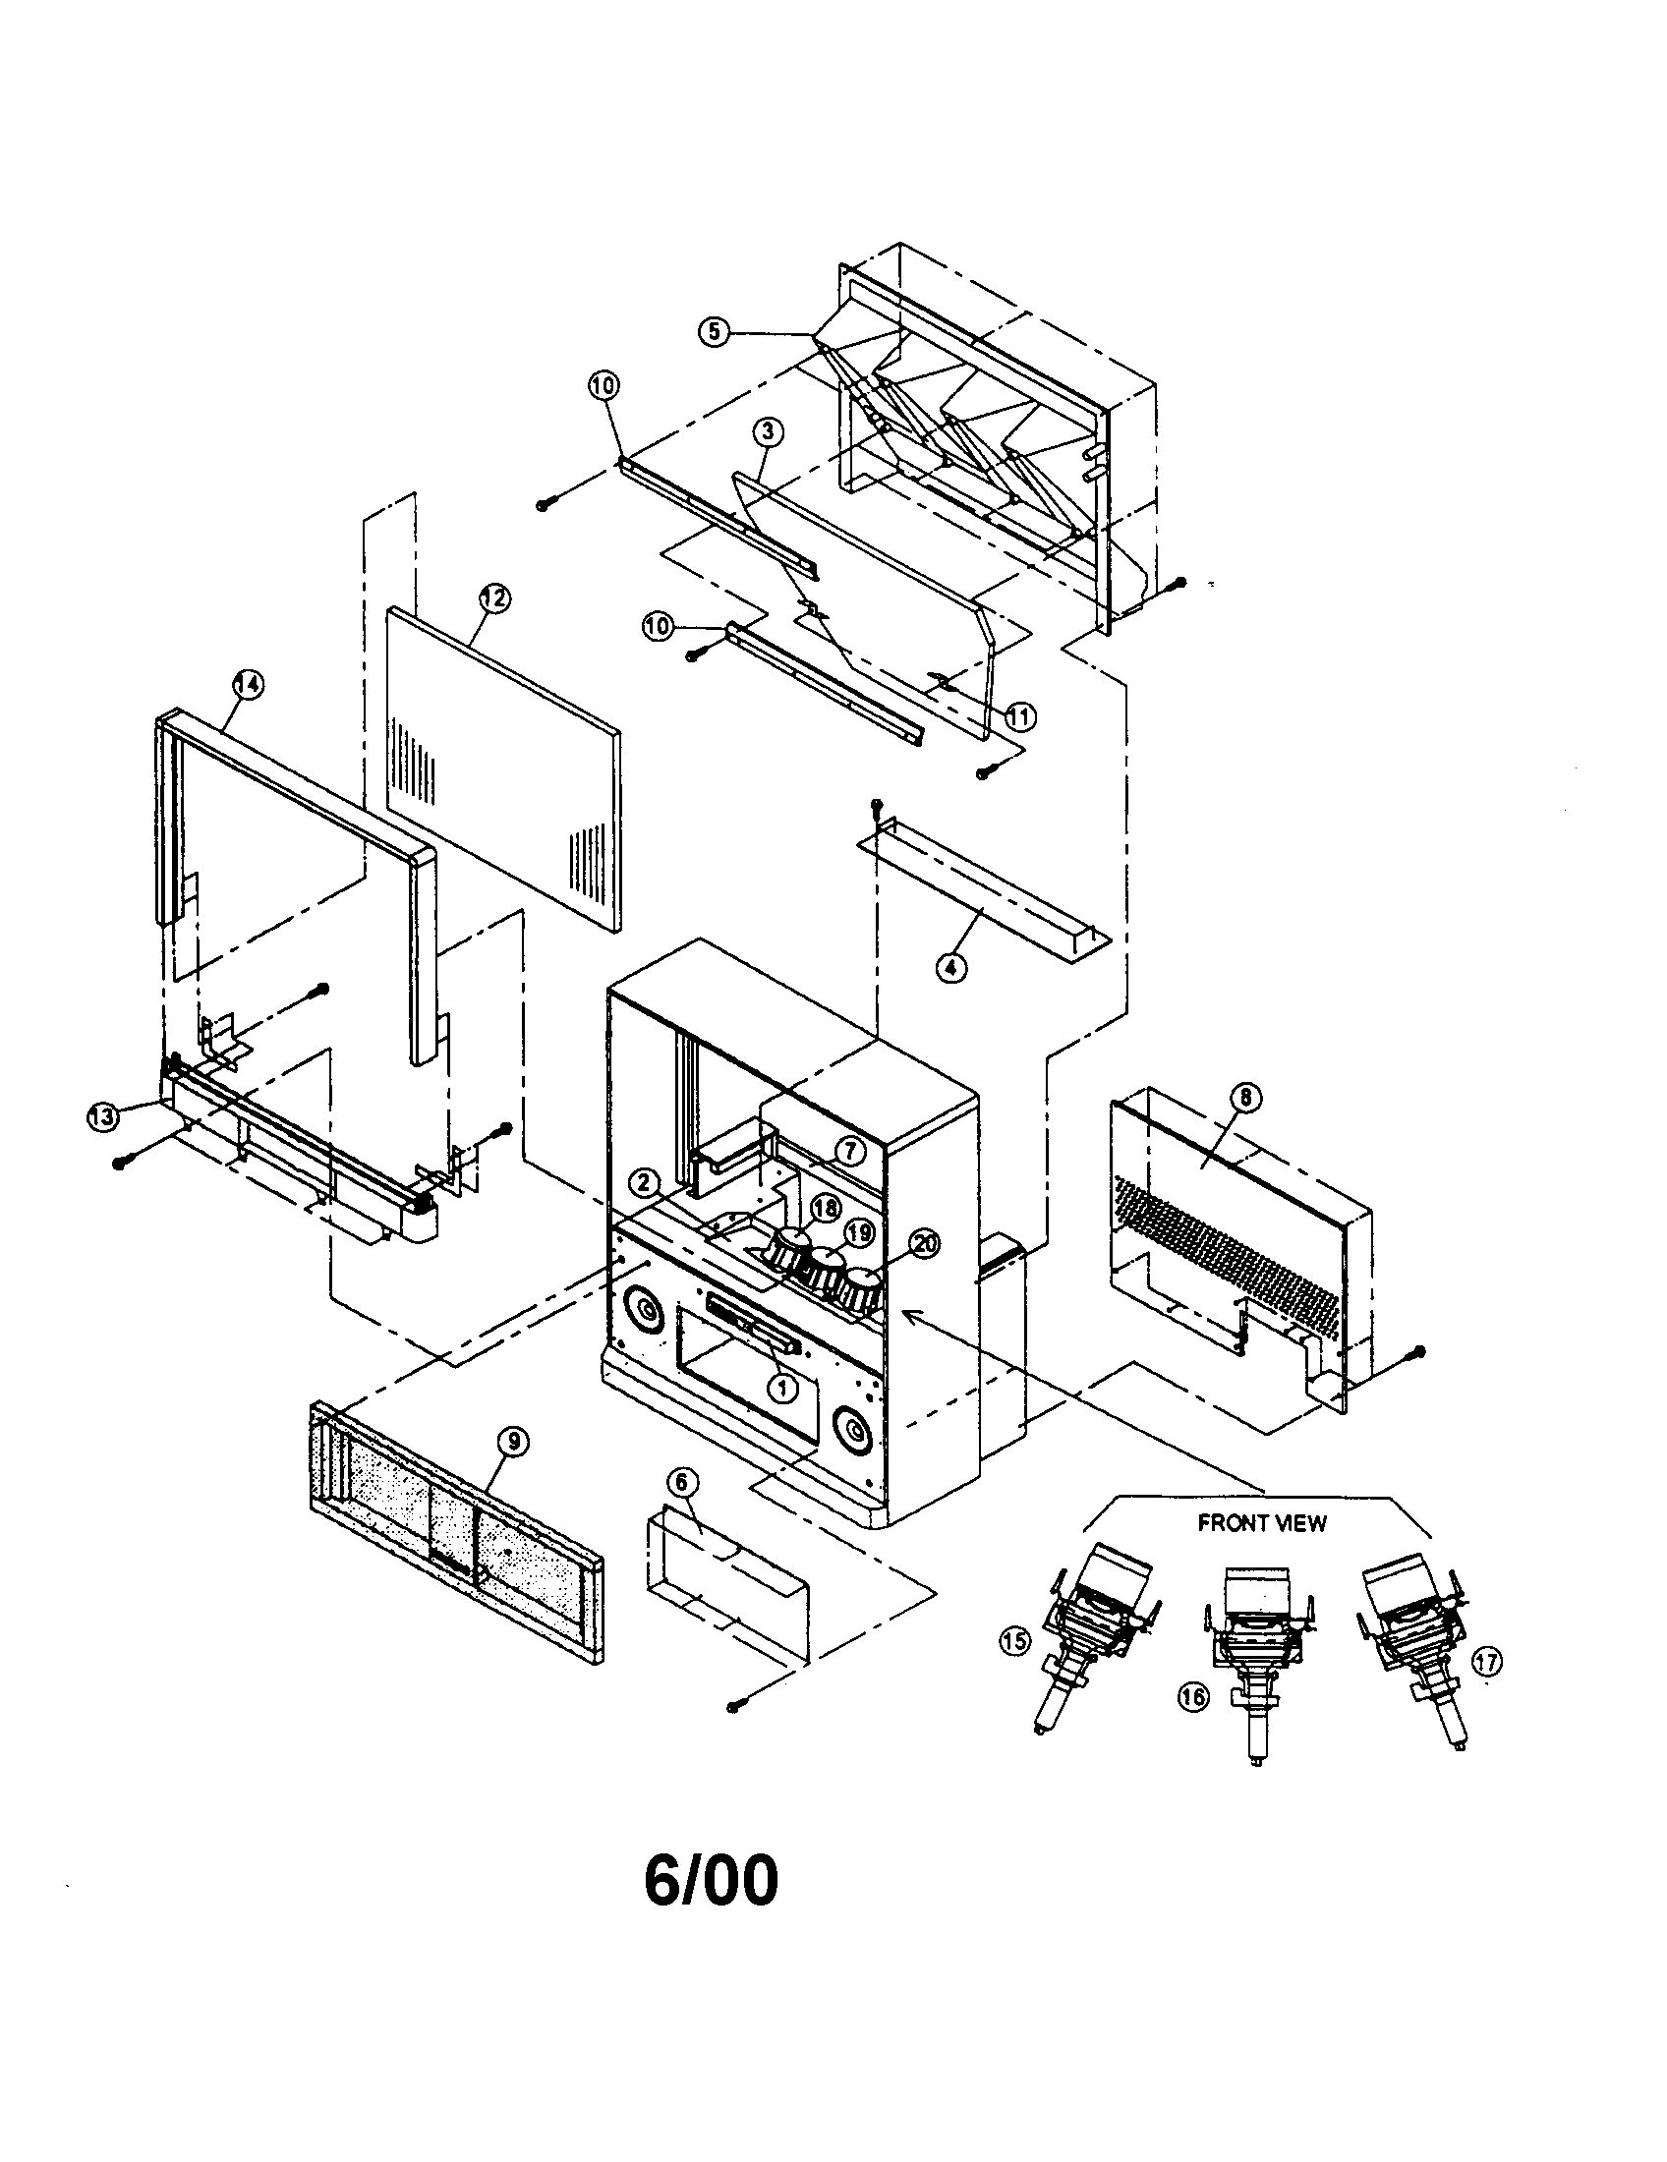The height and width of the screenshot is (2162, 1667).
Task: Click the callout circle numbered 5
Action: (714, 331)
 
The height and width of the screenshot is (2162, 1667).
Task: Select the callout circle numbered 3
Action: (768, 431)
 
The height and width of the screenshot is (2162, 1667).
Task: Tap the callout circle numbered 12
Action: (494, 597)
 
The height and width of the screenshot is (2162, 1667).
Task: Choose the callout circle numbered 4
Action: (950, 968)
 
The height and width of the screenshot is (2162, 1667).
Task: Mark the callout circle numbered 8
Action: (1244, 1097)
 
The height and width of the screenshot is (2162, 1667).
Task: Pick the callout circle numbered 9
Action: (514, 1443)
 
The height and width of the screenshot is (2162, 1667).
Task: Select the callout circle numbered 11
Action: (1019, 715)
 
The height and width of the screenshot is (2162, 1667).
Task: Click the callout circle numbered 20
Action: (924, 1245)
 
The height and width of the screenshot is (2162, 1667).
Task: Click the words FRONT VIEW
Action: (1261, 1522)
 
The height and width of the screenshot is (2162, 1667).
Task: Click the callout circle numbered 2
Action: (645, 1182)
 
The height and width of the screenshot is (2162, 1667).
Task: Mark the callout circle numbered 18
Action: (826, 1208)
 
